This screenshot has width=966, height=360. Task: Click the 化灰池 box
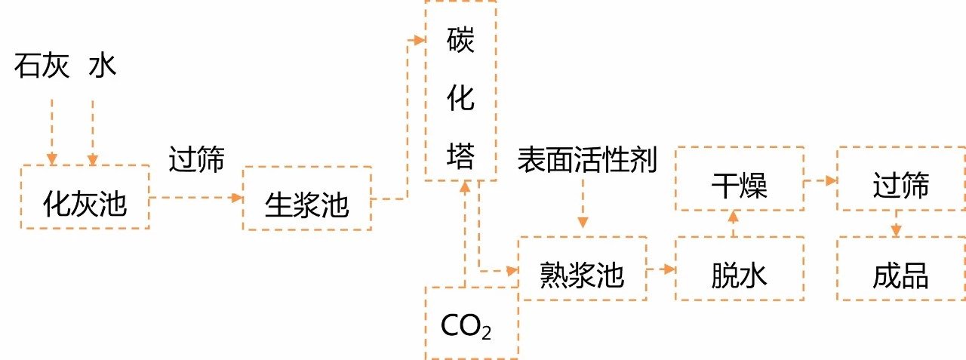[85, 197]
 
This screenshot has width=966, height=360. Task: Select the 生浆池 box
[306, 198]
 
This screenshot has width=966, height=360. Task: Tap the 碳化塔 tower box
[460, 91]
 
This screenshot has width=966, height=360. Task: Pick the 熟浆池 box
[582, 269]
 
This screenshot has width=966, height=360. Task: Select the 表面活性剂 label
[587, 160]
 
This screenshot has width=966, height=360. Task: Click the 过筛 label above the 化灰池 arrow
[197, 158]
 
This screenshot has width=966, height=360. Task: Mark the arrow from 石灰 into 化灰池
[52, 128]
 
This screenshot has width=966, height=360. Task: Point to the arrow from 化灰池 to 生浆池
[196, 198]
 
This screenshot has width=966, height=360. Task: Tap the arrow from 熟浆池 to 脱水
[661, 269]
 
